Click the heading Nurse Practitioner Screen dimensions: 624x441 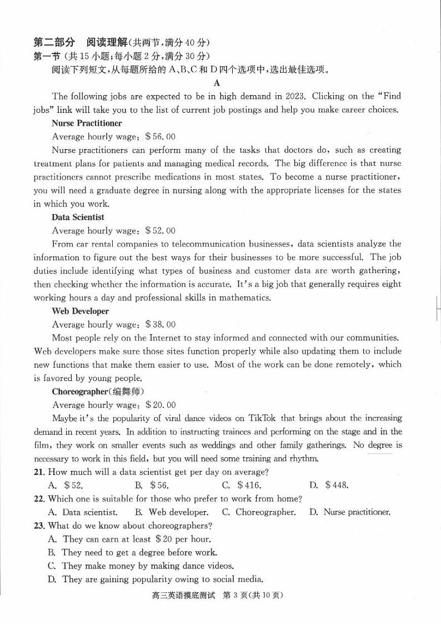tap(87, 123)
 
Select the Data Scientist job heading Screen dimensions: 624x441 tap(78, 217)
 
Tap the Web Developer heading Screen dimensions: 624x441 tap(80, 311)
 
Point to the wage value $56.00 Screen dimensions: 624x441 tap(160, 136)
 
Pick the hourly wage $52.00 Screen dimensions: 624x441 tap(160, 230)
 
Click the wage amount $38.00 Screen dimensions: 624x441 tap(160, 324)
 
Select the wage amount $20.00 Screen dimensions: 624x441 tap(160, 405)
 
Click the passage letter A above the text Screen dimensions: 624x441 tap(217, 83)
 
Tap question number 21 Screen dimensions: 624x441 tap(39, 472)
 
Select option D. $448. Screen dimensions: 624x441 tap(329, 485)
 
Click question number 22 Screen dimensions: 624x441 tap(39, 499)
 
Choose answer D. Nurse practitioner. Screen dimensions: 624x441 tap(350, 512)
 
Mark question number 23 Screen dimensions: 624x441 tap(39, 526)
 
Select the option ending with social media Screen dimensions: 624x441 tap(155, 579)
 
